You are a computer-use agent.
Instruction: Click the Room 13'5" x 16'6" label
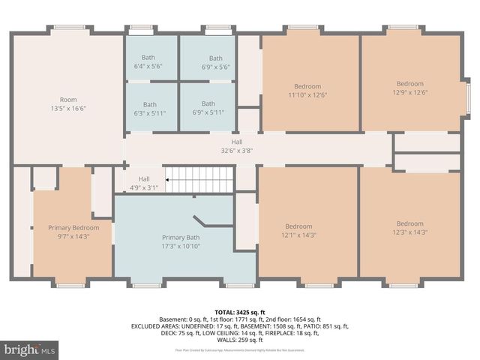[x=68, y=104]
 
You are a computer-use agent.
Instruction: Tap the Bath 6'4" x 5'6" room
[x=150, y=62]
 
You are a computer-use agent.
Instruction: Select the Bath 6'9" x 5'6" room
[x=215, y=62]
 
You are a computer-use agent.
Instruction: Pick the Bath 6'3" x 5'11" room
[x=150, y=109]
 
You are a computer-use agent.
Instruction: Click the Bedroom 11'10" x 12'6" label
[x=307, y=91]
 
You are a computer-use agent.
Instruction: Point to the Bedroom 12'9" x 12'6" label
[x=409, y=88]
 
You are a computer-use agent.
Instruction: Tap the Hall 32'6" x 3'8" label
[x=237, y=145]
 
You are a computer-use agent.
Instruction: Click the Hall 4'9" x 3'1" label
[x=144, y=184]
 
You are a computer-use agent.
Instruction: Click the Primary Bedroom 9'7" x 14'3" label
[x=73, y=232]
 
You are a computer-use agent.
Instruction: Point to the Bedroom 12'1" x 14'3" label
[x=298, y=230]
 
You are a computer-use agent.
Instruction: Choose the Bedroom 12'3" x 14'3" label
[x=409, y=227]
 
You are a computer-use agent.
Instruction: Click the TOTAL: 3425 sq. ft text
[x=240, y=312]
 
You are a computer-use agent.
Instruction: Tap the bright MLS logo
[x=30, y=349]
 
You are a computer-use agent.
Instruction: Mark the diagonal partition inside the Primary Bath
[x=202, y=223]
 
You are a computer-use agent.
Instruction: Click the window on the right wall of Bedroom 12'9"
[x=467, y=95]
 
